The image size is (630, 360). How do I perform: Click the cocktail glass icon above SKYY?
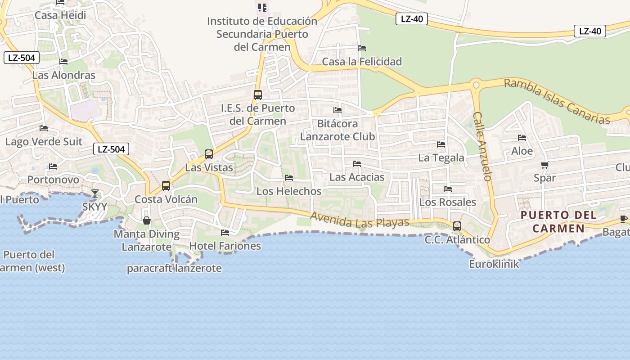95,193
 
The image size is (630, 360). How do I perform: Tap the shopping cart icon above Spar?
544,165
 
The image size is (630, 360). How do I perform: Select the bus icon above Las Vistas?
209,154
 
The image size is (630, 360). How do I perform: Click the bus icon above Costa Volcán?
166,185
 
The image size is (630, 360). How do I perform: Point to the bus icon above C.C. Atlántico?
457,226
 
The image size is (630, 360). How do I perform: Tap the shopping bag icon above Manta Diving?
146,220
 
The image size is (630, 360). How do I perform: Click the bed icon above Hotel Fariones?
225,233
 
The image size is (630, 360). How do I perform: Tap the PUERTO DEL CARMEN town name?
558,221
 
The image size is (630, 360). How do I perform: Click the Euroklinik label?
494,264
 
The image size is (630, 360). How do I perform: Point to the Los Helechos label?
289,191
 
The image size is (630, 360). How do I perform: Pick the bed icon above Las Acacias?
357,164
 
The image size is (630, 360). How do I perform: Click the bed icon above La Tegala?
441,144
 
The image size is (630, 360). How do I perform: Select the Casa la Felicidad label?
362,62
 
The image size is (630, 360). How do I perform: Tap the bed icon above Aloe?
522,138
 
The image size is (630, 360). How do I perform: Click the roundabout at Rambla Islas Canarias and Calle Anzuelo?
476,84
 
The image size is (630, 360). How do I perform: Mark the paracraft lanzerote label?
174,269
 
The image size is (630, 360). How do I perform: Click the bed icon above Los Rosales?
448,189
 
